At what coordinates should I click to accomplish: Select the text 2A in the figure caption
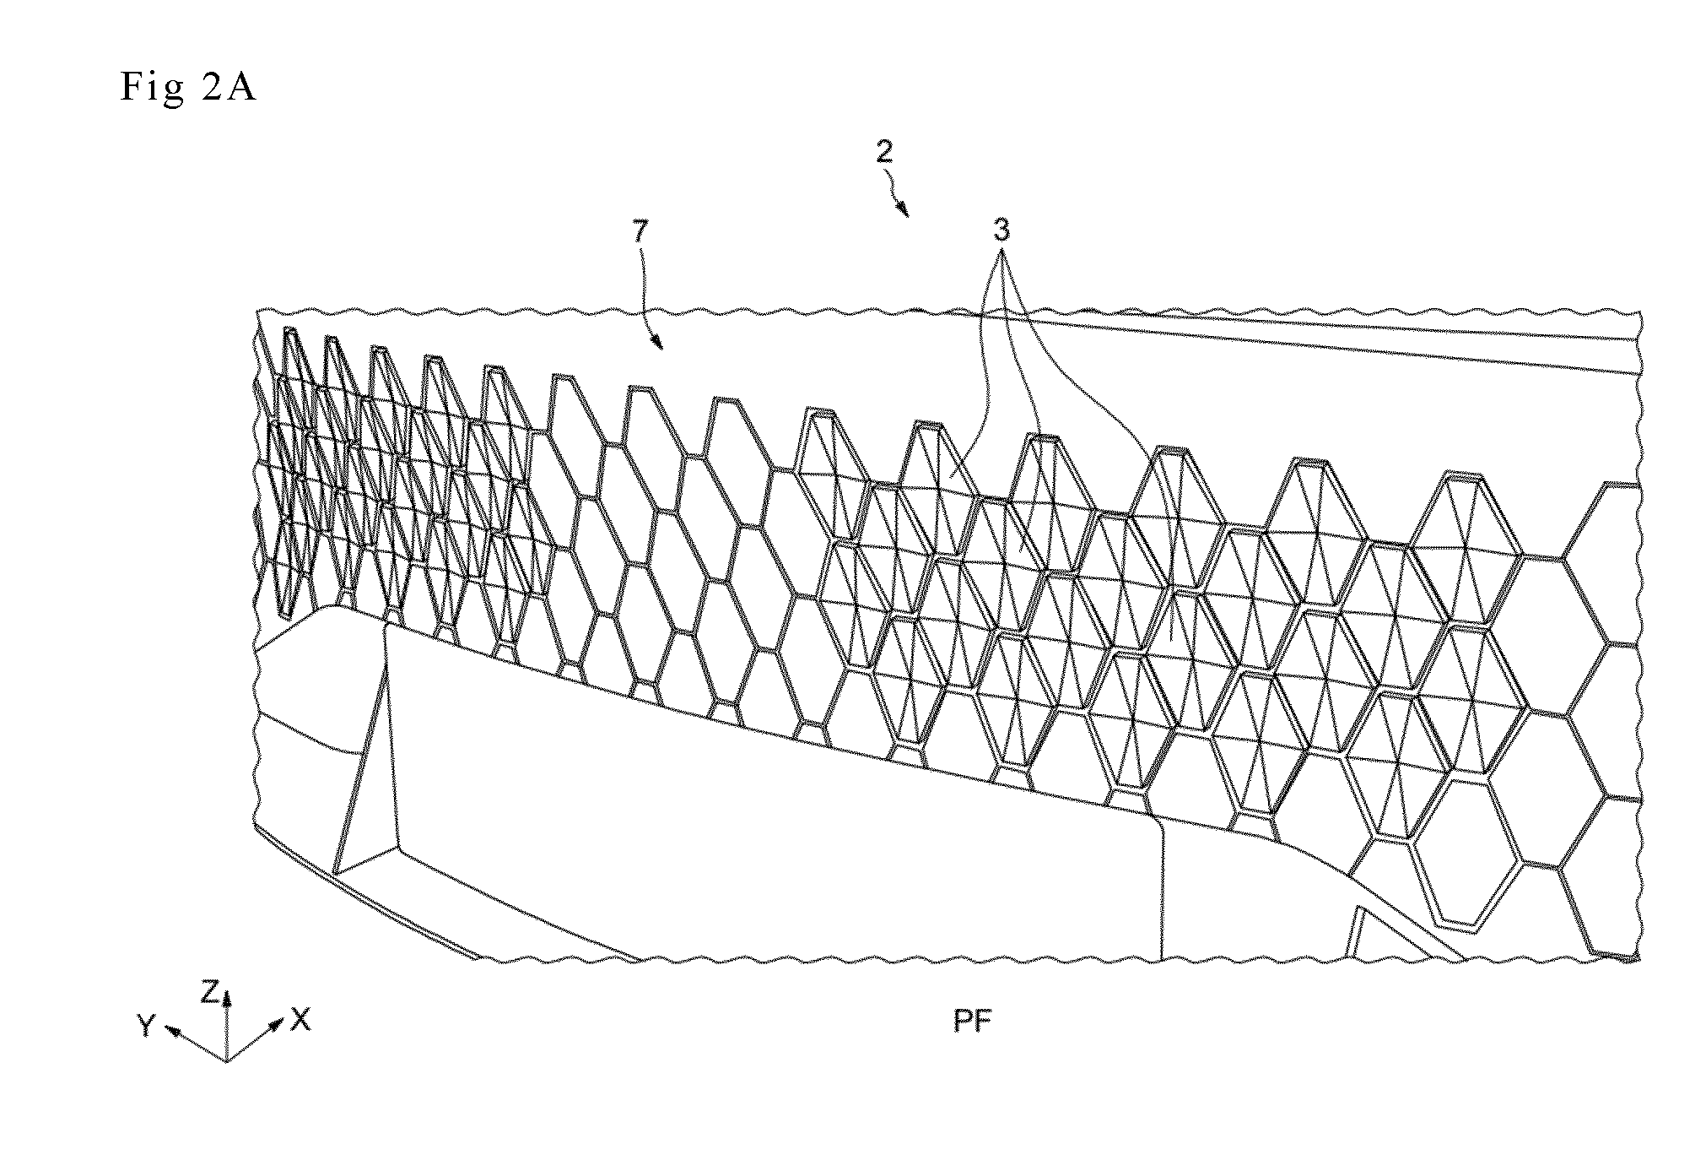coord(229,86)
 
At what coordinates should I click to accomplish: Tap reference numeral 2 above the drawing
coord(884,152)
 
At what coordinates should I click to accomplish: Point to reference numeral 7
coord(641,232)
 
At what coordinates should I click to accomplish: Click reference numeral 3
coord(1001,230)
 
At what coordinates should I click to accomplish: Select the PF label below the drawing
coord(973,1022)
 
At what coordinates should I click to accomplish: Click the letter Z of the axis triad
coord(210,993)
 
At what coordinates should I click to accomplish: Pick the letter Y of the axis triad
coord(147,1025)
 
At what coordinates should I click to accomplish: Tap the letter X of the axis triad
coord(300,1020)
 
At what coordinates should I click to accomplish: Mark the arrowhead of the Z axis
coord(226,997)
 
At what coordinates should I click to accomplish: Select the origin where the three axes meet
coord(226,1060)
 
